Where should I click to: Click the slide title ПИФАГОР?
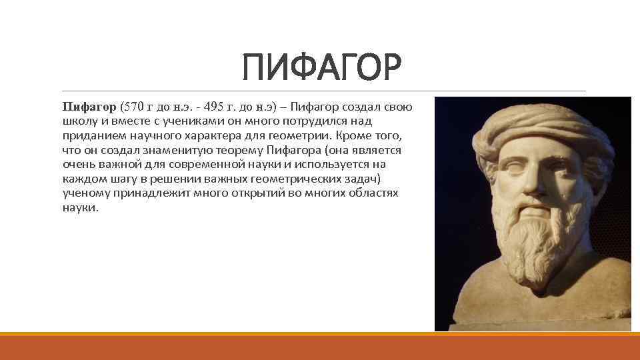[322, 68]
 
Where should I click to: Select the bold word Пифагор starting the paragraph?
[89, 107]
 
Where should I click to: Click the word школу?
[79, 121]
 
